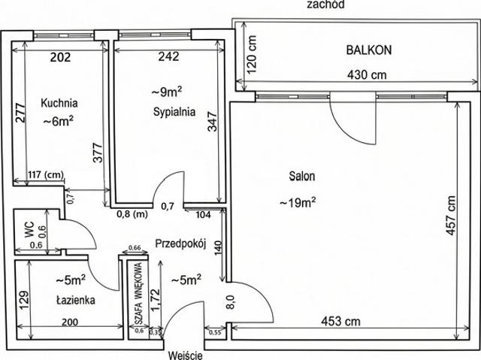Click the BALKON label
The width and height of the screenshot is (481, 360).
tap(369, 50)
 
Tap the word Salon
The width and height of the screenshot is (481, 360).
tap(302, 177)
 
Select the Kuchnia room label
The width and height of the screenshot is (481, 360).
tap(59, 103)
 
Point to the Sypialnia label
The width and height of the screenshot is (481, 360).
tap(174, 112)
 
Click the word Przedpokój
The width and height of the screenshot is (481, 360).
tap(180, 244)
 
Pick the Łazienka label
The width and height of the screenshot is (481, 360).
tap(76, 300)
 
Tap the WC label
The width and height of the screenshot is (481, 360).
tap(29, 230)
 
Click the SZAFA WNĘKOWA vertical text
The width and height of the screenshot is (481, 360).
tap(138, 293)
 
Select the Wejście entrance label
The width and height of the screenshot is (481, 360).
tap(186, 355)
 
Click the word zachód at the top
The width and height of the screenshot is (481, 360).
tap(325, 5)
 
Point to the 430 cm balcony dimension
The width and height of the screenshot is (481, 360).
tap(367, 74)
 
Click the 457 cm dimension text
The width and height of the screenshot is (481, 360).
tap(450, 216)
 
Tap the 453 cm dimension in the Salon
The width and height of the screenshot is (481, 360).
tap(340, 322)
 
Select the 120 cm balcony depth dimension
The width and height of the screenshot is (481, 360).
tap(252, 55)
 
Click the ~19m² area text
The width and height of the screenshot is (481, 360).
tap(298, 202)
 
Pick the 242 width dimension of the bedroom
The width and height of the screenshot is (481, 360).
tap(168, 56)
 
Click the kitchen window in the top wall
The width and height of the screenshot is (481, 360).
tap(63, 35)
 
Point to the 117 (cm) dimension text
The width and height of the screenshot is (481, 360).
tap(46, 175)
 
